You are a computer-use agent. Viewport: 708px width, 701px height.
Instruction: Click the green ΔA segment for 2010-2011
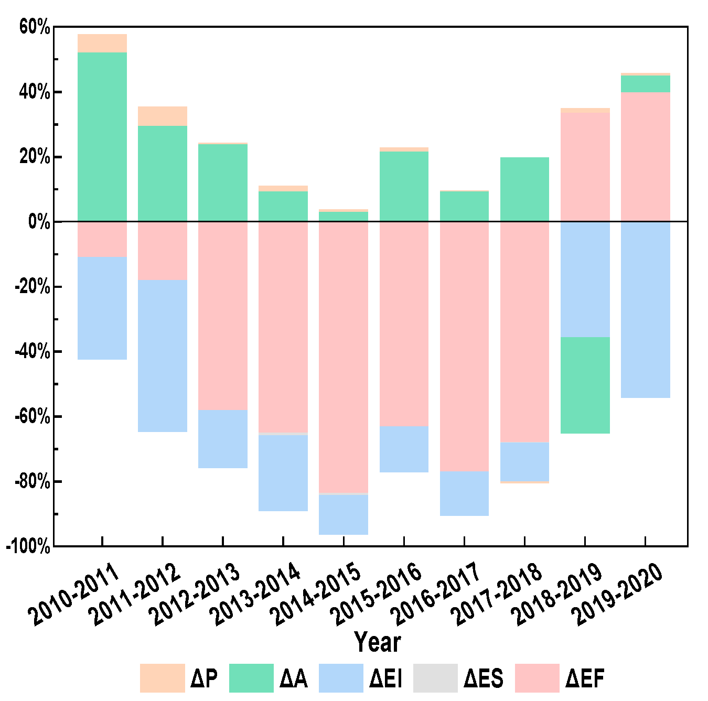tap(102, 136)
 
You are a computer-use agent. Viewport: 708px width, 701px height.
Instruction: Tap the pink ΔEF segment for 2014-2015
tap(344, 357)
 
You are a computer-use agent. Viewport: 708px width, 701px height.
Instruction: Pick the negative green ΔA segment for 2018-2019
tap(585, 385)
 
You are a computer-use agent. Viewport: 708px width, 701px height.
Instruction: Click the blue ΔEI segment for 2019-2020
tap(646, 309)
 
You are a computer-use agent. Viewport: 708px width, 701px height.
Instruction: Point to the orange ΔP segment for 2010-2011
tap(102, 43)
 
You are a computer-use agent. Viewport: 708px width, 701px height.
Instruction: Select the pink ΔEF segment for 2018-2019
tap(585, 167)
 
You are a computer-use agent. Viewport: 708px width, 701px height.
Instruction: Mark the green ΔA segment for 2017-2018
tap(524, 189)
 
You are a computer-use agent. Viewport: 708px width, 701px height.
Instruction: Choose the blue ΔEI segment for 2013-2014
tap(283, 472)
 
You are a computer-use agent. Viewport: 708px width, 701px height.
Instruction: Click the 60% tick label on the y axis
tap(35, 27)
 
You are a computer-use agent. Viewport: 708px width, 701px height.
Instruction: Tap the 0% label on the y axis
tap(39, 222)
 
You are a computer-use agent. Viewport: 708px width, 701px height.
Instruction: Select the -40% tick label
tap(32, 352)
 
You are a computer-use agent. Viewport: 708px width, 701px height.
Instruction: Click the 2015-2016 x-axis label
tap(379, 594)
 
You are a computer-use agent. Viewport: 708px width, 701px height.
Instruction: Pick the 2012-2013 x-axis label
tap(197, 594)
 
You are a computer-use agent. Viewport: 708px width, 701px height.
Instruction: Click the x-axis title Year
tap(378, 642)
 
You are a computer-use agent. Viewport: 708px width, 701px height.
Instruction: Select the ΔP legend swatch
tap(162, 678)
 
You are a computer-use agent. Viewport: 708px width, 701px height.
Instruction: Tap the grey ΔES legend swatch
tap(435, 678)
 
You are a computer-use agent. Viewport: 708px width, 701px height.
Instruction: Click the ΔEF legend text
tap(585, 678)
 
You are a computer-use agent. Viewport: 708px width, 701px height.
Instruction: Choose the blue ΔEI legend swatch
tap(341, 678)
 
